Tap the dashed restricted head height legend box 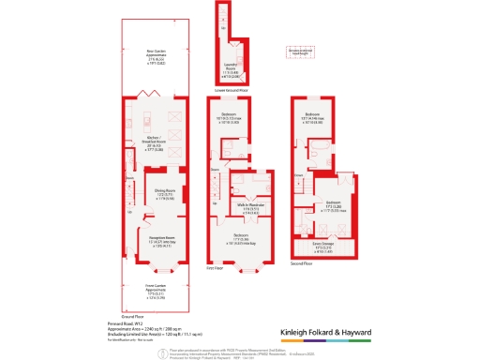tap(300, 52)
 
